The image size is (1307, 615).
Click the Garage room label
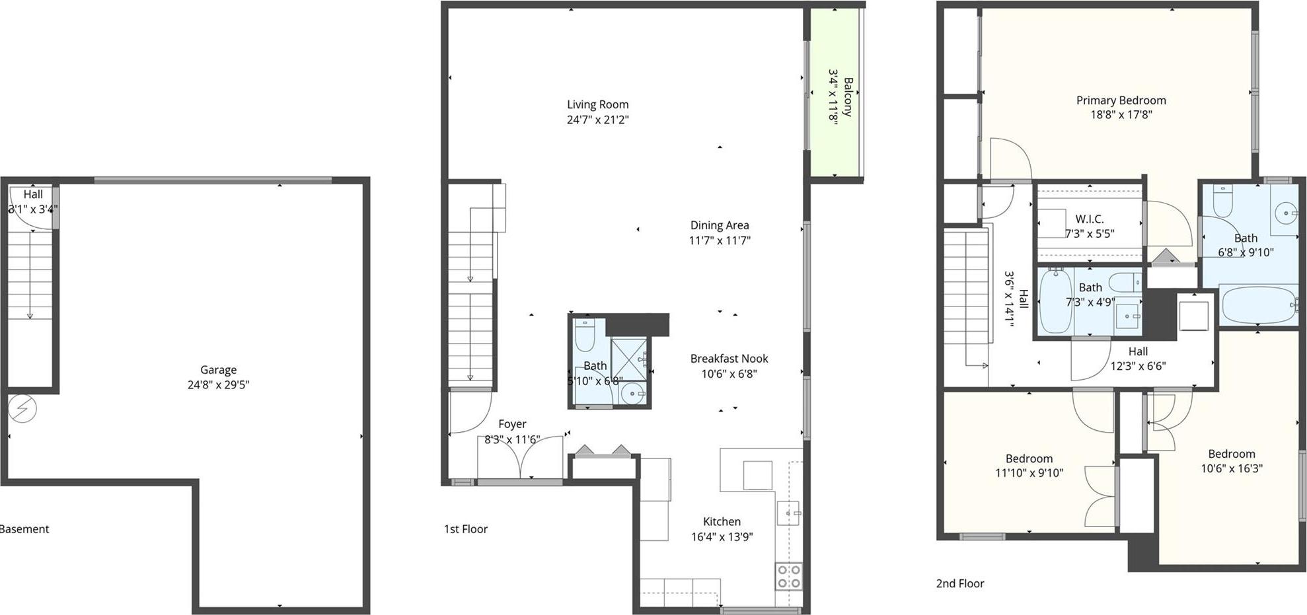point(218,370)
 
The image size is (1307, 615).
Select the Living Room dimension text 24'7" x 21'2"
point(597,120)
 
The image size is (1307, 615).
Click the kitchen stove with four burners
point(788,577)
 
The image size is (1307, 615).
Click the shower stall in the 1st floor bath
point(628,360)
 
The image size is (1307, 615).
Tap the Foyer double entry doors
point(521,457)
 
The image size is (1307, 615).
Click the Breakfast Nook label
point(729,359)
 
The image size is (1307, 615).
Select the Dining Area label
point(720,225)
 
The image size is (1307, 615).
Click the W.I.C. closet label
point(1089,219)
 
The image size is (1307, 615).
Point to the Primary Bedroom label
point(1121,100)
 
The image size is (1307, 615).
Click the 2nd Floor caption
point(959,583)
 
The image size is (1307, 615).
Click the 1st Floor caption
point(465,529)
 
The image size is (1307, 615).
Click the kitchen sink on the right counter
point(788,513)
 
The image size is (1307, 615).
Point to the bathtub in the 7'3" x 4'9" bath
point(1055,301)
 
